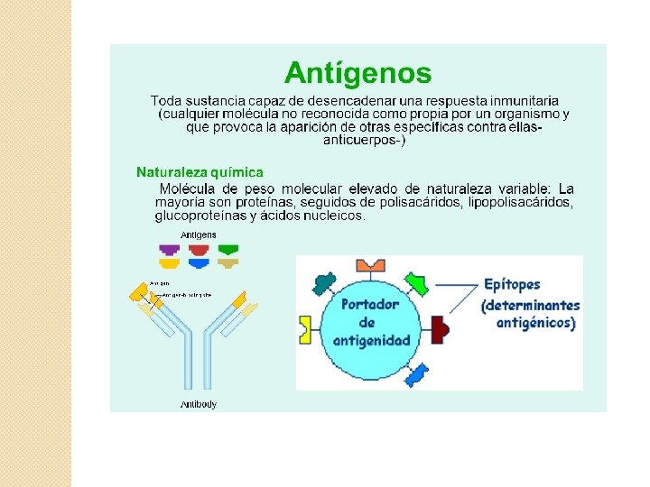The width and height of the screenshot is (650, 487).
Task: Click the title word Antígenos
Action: click(x=357, y=71)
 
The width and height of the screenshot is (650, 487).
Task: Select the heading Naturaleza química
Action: click(x=200, y=171)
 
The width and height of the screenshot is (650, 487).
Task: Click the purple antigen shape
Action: click(x=169, y=248)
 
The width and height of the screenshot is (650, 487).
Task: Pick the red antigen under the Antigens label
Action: click(x=199, y=248)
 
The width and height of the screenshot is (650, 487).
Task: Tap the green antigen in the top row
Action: click(x=228, y=248)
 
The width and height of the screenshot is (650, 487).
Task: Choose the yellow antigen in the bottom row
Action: click(x=169, y=263)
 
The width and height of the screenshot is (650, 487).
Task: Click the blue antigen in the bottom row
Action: click(x=199, y=263)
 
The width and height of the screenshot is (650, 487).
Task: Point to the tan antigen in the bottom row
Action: click(x=228, y=263)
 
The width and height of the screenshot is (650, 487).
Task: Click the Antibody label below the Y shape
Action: click(x=199, y=405)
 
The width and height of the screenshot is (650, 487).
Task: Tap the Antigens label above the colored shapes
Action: click(x=199, y=234)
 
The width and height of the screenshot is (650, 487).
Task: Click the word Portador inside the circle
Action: click(x=370, y=304)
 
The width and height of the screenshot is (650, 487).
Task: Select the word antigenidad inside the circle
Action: click(x=371, y=340)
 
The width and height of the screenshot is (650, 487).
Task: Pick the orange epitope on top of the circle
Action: click(x=370, y=264)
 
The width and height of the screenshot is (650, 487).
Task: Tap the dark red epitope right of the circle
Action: click(x=441, y=328)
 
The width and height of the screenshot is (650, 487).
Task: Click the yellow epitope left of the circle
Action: click(x=304, y=330)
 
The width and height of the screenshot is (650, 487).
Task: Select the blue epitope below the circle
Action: click(x=417, y=374)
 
